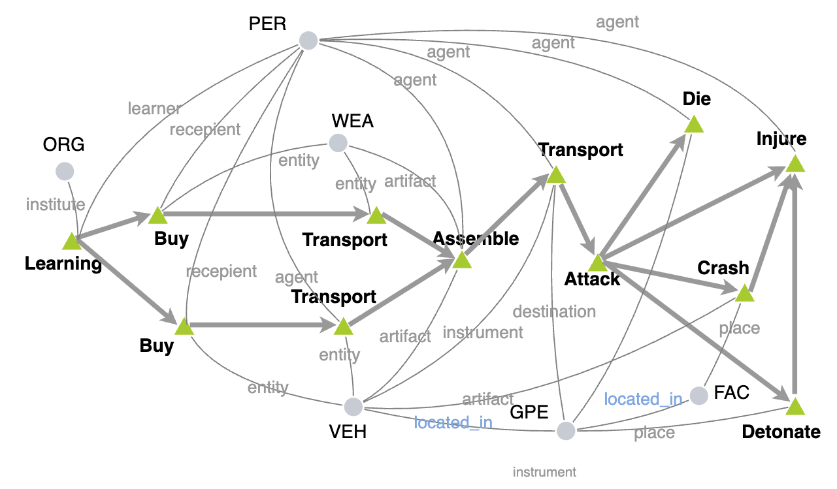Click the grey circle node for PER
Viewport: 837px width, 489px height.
click(x=308, y=40)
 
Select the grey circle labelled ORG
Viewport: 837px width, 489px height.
click(x=65, y=172)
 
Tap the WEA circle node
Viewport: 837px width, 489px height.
click(x=338, y=142)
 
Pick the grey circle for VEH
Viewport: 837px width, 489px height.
click(x=353, y=407)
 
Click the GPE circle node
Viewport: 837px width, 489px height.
click(x=566, y=431)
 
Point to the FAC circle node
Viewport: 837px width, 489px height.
click(x=699, y=395)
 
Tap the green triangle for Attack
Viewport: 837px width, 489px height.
click(x=597, y=264)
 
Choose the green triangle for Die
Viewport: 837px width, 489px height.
click(x=693, y=125)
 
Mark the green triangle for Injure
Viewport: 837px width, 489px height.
click(x=794, y=164)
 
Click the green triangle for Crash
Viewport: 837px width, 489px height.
click(x=744, y=294)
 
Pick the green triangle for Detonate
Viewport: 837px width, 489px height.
click(x=794, y=407)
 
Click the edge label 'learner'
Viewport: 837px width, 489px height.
click(x=154, y=108)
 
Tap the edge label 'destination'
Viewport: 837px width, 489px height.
click(x=554, y=311)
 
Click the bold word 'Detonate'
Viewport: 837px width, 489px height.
click(x=781, y=432)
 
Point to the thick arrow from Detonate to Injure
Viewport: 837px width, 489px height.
click(x=794, y=287)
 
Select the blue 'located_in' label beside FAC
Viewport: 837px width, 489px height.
click(x=643, y=398)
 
